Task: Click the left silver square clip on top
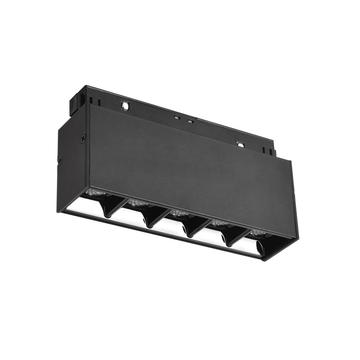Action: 125,106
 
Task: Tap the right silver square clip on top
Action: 240,144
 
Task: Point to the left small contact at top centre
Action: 177,117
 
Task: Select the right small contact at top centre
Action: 190,121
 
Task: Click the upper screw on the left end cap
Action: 83,138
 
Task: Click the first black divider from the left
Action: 109,208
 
